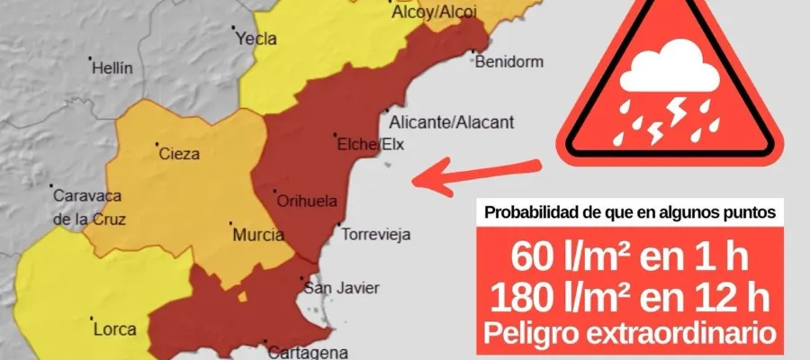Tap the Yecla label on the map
click(x=255, y=39)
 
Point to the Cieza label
click(x=178, y=154)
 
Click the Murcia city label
click(x=258, y=235)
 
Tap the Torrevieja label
click(x=376, y=235)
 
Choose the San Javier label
click(x=342, y=288)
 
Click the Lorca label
click(x=114, y=328)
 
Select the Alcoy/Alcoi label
click(x=434, y=11)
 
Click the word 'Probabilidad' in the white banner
click(x=527, y=212)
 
